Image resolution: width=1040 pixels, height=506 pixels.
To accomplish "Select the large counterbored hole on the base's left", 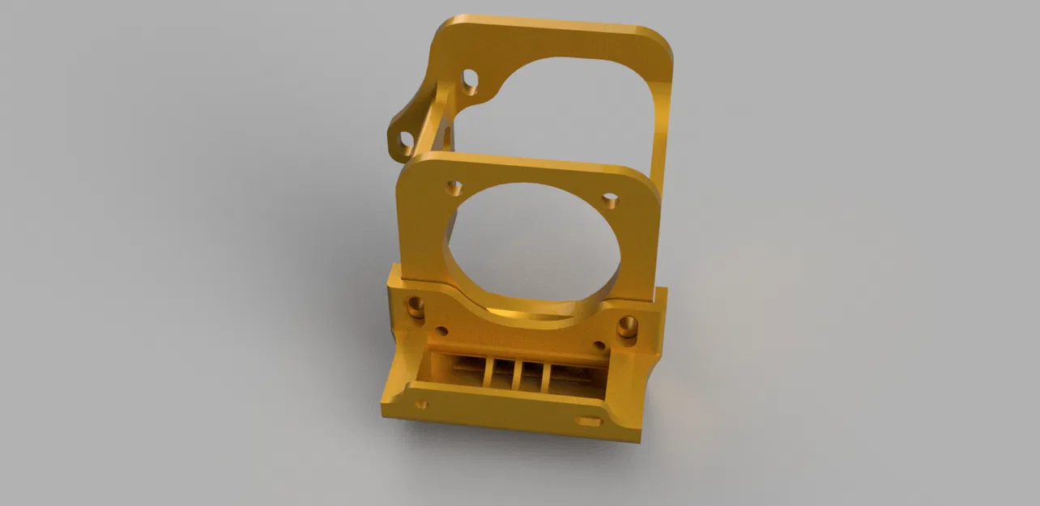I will coord(415,307).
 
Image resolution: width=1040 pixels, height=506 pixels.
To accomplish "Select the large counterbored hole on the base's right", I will coord(627,327).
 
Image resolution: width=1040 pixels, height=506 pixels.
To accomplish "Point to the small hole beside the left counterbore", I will coord(442,331).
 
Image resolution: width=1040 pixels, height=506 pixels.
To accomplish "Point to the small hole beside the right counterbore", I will coord(599,346).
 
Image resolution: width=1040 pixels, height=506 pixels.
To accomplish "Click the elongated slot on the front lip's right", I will coord(588,421).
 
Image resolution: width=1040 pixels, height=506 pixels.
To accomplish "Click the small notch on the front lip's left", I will coord(420,403).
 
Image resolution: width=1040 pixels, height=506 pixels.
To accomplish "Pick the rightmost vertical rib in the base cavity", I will coord(547,377).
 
